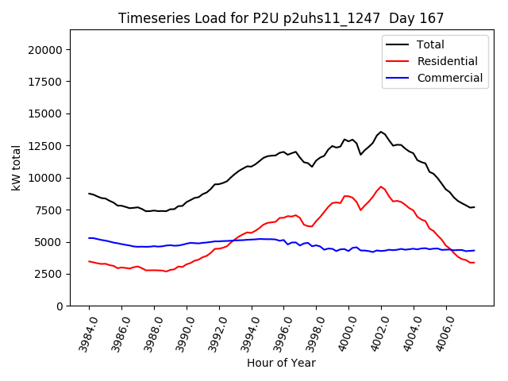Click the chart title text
[x=281, y=18]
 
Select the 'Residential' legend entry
[x=447, y=61]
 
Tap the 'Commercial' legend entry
[x=449, y=78]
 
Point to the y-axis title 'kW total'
[x=17, y=167]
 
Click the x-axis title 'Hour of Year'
[x=281, y=364]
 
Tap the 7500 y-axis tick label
[x=49, y=210]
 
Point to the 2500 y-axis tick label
[x=49, y=274]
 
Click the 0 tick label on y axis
[x=60, y=306]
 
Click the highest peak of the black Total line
[x=381, y=132]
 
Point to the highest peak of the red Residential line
[x=381, y=187]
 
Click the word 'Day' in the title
[x=403, y=18]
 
